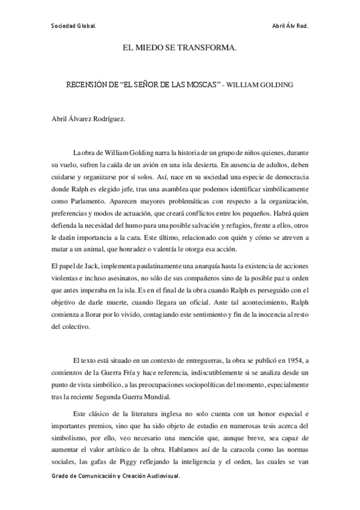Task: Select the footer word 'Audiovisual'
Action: pyautogui.click(x=162, y=492)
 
